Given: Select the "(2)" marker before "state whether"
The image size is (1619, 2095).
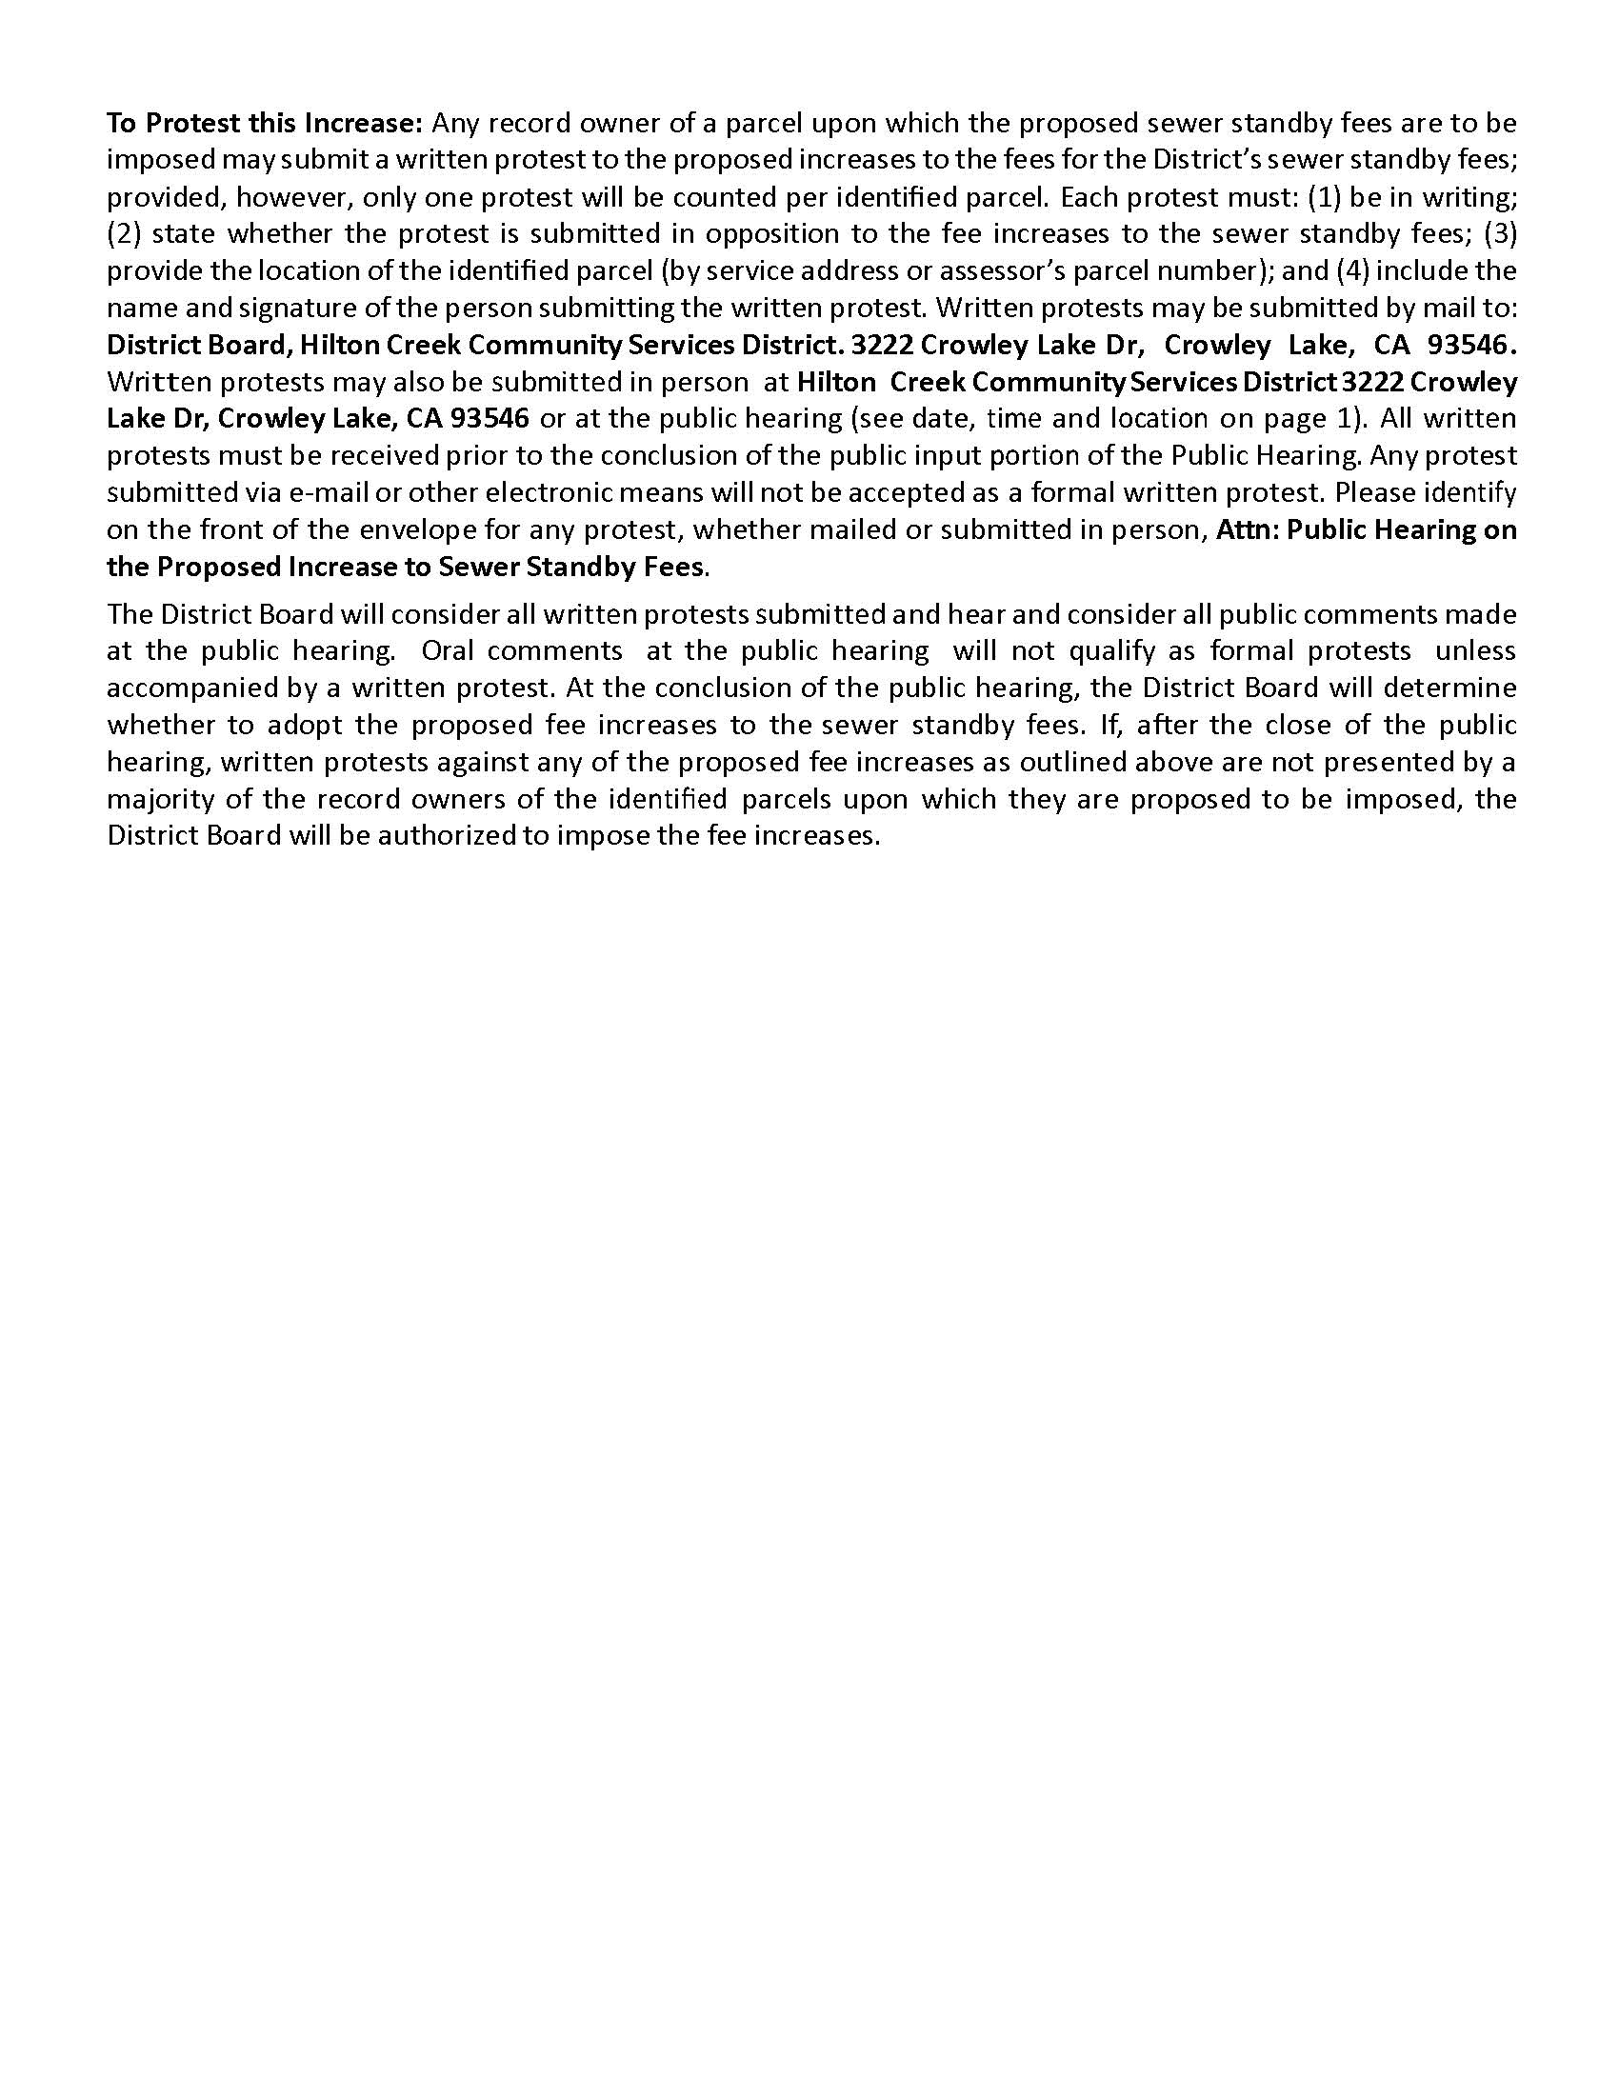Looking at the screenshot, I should click(124, 234).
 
